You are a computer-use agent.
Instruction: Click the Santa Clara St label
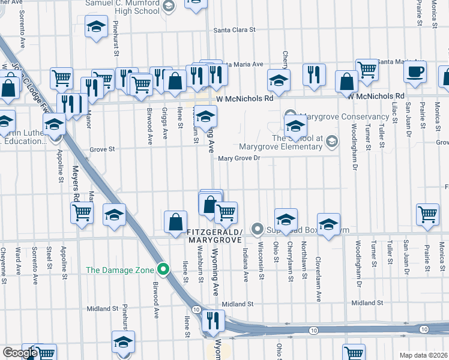coord(235,29)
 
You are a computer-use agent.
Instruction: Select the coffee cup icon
coord(414,73)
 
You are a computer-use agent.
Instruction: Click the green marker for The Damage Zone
coord(161,269)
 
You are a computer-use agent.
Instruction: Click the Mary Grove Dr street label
coord(238,158)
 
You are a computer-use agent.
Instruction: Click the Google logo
coord(20,353)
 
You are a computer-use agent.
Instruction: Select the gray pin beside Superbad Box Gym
coord(258,228)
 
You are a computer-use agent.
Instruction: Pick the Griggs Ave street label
coord(164,123)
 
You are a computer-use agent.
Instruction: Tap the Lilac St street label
coord(395,112)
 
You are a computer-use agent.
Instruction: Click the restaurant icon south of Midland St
coord(214,321)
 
